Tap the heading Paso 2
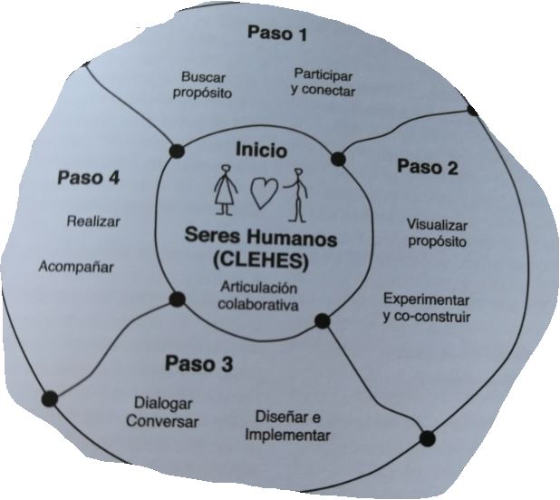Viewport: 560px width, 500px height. [428, 167]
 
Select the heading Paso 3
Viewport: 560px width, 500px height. [199, 365]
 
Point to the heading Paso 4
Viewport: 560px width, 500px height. [88, 177]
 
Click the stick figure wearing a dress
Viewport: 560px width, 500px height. [226, 191]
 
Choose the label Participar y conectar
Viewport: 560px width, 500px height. [323, 82]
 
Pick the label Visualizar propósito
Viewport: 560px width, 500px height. [436, 232]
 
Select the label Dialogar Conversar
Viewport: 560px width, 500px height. [162, 412]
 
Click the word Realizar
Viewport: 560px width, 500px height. [93, 221]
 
